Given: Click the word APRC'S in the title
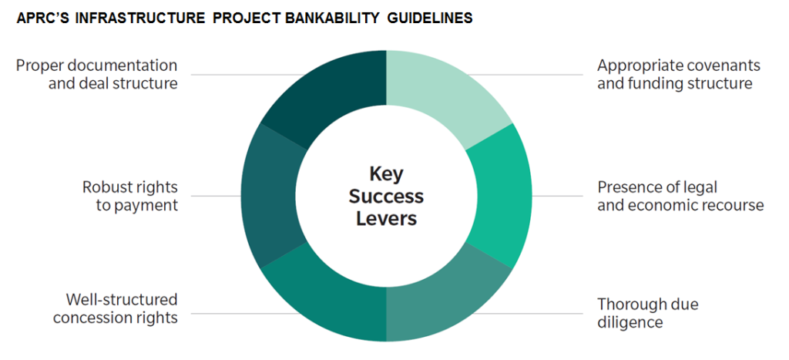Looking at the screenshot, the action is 40,19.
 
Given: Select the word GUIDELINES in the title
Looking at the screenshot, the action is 430,19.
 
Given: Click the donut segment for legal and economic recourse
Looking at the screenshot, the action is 499,196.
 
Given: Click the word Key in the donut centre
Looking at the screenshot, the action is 387,173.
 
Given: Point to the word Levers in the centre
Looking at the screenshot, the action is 387,219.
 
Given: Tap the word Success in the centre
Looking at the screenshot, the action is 387,197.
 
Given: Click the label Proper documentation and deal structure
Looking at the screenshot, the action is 97,74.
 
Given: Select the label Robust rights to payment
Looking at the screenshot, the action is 130,196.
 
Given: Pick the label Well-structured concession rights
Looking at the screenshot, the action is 116,308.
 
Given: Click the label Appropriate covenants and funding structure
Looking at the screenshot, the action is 679,74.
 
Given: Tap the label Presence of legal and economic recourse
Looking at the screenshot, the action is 681,196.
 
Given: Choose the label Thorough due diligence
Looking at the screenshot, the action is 647,313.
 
